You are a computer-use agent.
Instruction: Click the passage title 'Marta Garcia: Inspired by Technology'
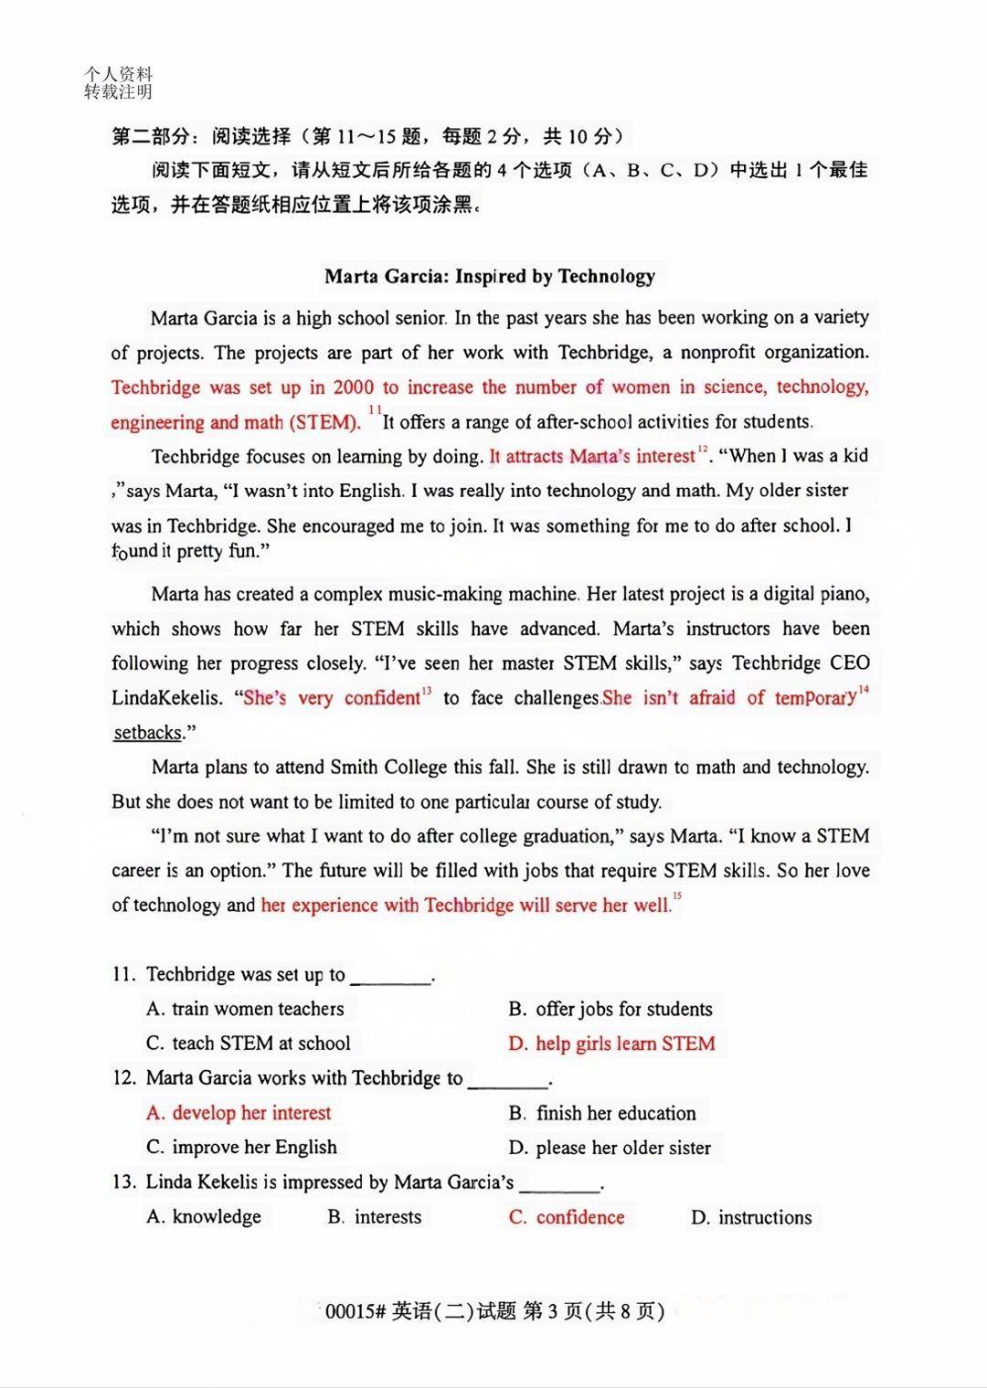490,276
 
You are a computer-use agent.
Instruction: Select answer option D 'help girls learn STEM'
612,1044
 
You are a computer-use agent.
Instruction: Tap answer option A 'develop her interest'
239,1113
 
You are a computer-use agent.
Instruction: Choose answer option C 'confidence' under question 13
568,1217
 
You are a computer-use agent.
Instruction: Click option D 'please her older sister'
610,1148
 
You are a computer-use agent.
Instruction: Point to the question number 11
123,974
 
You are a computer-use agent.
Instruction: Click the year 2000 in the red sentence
353,387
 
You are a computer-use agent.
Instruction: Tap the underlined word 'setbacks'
147,733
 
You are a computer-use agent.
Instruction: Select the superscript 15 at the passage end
677,896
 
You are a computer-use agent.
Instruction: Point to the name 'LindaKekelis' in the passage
166,698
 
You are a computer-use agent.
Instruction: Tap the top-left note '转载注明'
118,91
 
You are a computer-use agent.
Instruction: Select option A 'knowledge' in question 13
205,1217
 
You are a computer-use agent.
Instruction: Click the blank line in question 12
508,1083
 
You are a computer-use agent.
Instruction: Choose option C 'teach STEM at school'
249,1044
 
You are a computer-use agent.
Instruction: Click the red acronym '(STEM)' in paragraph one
324,422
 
